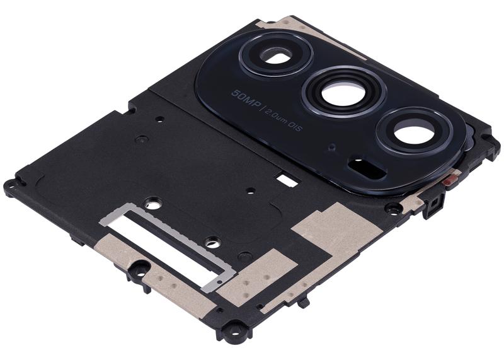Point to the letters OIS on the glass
point(295,126)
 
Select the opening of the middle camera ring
point(343,95)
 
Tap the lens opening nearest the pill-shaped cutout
point(414,132)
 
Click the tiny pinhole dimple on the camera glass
point(332,148)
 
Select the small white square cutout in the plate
point(289,180)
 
